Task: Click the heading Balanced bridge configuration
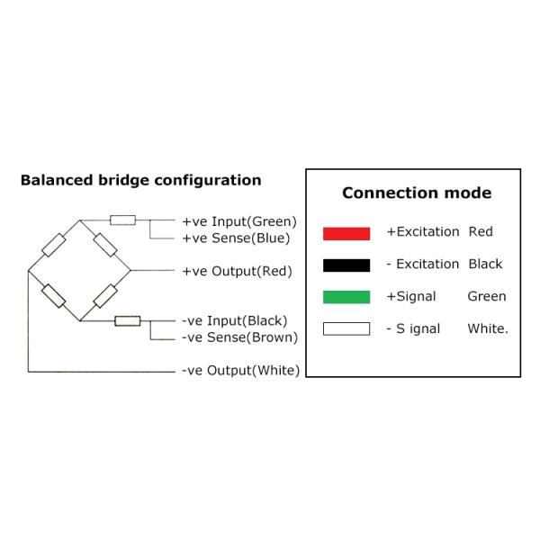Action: [140, 180]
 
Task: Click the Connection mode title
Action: [417, 193]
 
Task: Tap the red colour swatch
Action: [346, 233]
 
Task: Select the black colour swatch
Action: [346, 265]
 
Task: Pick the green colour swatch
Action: [346, 297]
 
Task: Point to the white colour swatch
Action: [346, 328]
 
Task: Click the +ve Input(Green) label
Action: [239, 221]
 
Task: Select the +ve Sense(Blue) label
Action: [236, 238]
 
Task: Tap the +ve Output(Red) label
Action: [238, 271]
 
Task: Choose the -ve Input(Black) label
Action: [234, 320]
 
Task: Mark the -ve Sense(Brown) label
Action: [239, 337]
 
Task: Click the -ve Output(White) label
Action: [240, 370]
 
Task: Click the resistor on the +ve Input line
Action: [122, 220]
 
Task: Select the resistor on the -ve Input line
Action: [128, 319]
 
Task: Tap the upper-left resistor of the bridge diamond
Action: [54, 245]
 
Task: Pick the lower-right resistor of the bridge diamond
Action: [106, 295]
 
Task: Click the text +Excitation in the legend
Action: [423, 231]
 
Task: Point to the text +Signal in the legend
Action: [411, 296]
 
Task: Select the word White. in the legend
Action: [488, 328]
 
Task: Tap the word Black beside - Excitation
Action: [486, 264]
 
